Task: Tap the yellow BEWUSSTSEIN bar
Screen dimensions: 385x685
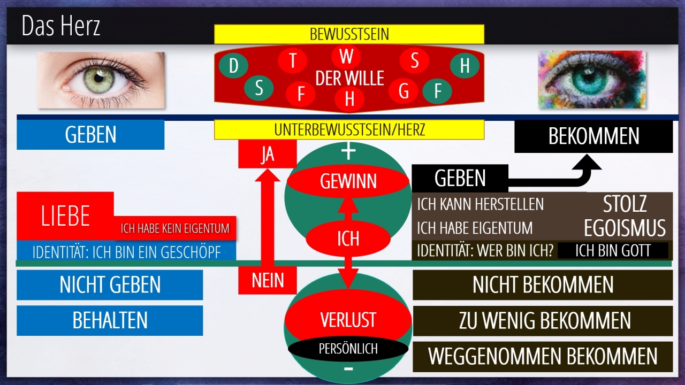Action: pos(349,35)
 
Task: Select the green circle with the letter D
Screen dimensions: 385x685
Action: pos(233,66)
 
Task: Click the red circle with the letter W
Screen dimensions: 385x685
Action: pos(346,56)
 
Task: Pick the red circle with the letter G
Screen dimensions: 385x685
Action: pos(404,91)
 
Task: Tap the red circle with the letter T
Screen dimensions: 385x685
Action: pos(293,60)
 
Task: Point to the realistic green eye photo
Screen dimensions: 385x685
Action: pos(101,80)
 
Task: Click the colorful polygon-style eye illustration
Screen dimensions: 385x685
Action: pos(591,80)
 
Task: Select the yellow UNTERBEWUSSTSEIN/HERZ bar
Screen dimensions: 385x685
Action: pos(349,129)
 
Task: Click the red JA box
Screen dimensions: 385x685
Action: pos(267,154)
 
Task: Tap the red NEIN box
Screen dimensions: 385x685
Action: pos(267,280)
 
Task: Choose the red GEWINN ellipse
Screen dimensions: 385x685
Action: pos(348,181)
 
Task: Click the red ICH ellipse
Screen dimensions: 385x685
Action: pos(348,238)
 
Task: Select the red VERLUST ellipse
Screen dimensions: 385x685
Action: pos(348,320)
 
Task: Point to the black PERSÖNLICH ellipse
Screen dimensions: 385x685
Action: pos(348,349)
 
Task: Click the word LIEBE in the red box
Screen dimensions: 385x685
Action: pos(65,216)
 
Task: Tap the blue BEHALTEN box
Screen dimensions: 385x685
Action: pos(110,320)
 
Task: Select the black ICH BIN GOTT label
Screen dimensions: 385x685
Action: pos(613,250)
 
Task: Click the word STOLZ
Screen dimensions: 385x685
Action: pos(625,204)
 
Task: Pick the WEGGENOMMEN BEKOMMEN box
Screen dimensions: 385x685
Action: pos(543,357)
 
